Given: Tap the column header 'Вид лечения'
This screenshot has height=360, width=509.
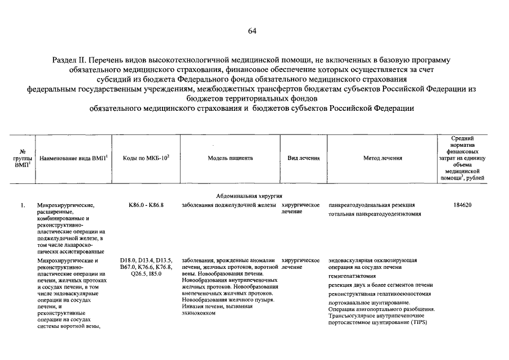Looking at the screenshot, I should click(x=304, y=158).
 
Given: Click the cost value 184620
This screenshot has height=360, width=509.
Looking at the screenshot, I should click(x=462, y=205).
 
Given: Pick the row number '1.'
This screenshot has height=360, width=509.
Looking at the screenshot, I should click(x=22, y=205).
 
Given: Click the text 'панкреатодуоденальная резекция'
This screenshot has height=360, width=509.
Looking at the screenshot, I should click(x=372, y=205).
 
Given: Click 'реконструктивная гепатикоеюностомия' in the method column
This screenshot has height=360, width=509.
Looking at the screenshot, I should click(x=380, y=294).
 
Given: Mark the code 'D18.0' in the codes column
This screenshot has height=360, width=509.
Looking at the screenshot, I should click(x=128, y=260).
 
